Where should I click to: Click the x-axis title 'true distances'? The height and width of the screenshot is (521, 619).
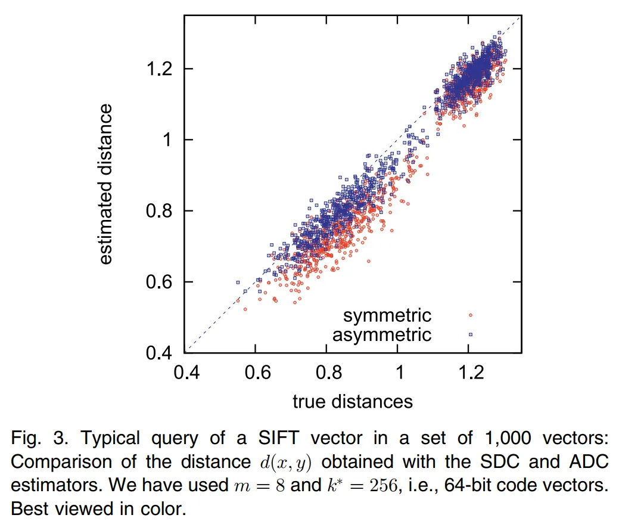[x=353, y=401]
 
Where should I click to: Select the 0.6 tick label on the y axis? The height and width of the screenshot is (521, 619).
[x=160, y=282]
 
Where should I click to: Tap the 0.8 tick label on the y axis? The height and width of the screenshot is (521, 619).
[x=160, y=211]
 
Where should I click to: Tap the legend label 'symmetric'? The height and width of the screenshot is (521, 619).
[x=387, y=315]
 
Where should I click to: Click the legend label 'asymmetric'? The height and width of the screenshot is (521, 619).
[x=381, y=334]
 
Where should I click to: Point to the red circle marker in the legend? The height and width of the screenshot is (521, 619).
[x=470, y=315]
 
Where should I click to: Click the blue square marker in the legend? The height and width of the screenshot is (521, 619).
[x=470, y=334]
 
